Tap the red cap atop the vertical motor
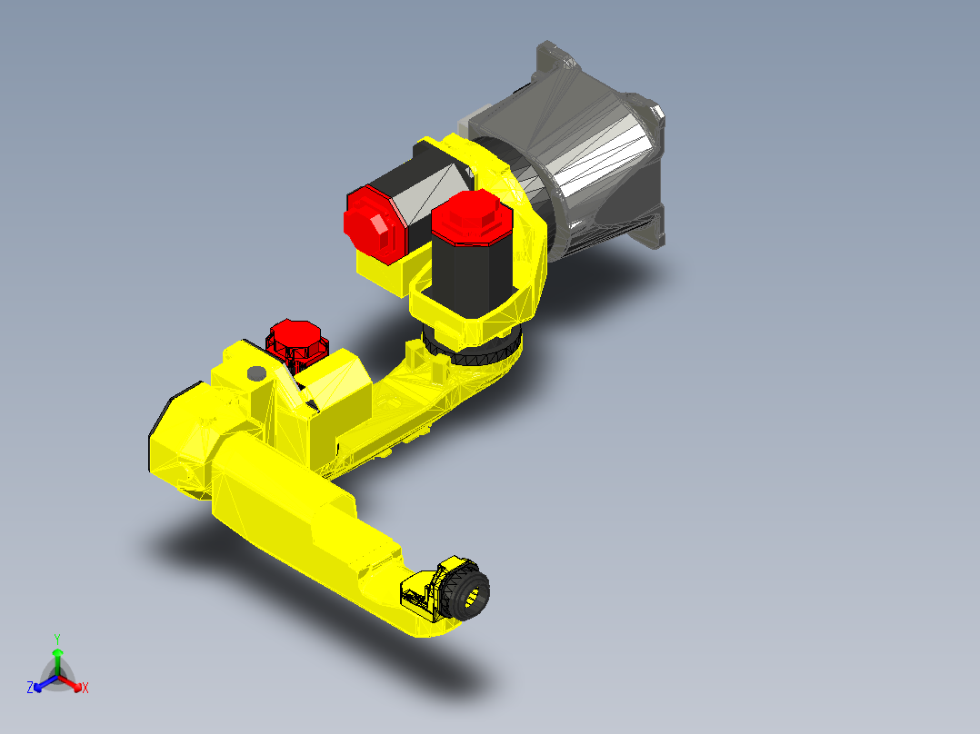pyautogui.click(x=467, y=218)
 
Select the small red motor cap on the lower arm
pyautogui.click(x=294, y=339)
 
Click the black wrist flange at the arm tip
pyautogui.click(x=471, y=594)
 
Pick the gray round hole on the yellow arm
pyautogui.click(x=255, y=373)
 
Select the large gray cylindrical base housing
pyautogui.click(x=595, y=173)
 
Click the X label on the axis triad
pyautogui.click(x=85, y=688)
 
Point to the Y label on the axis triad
pyautogui.click(x=56, y=639)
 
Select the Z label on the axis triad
pyautogui.click(x=30, y=688)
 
